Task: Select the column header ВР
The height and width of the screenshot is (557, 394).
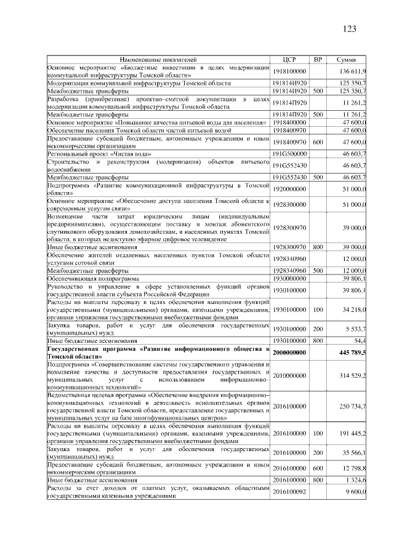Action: coord(318,59)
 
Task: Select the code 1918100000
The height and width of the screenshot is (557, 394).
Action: coord(289,72)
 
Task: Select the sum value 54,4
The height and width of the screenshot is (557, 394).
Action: coord(360,340)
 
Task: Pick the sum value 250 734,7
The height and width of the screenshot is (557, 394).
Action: coord(352,406)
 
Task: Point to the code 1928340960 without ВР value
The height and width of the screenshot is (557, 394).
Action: coord(289,259)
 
